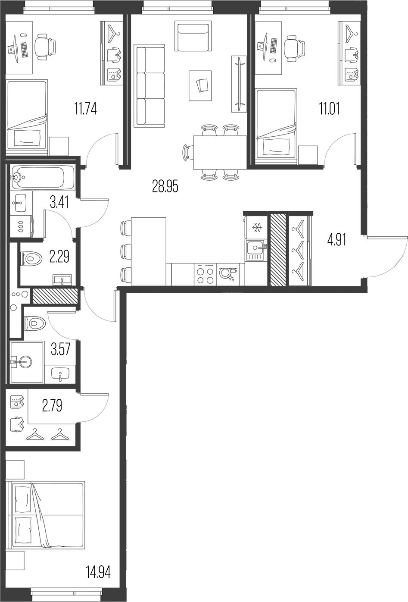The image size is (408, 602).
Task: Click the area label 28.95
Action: [x=165, y=187]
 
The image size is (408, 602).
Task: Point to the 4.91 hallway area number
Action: [x=336, y=240]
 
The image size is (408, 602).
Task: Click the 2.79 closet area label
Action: [x=52, y=405]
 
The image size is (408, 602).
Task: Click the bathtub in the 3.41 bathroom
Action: [x=42, y=177]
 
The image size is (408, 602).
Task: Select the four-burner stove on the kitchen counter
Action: [x=205, y=274]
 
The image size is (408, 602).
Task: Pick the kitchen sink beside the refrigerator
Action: [x=256, y=251]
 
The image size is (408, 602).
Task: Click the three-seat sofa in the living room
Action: [x=151, y=86]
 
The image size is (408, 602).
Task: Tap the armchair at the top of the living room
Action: [x=193, y=36]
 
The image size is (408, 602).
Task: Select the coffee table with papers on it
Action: [x=200, y=86]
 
